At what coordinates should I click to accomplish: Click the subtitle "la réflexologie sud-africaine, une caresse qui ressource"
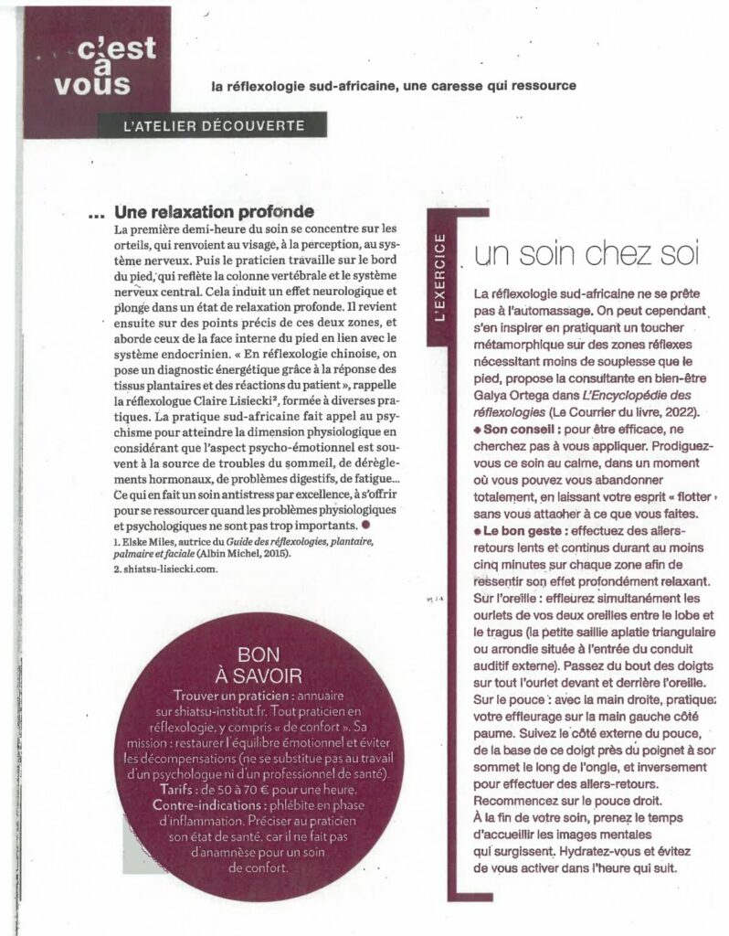(392, 86)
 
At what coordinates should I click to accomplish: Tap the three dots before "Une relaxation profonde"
(100, 214)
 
